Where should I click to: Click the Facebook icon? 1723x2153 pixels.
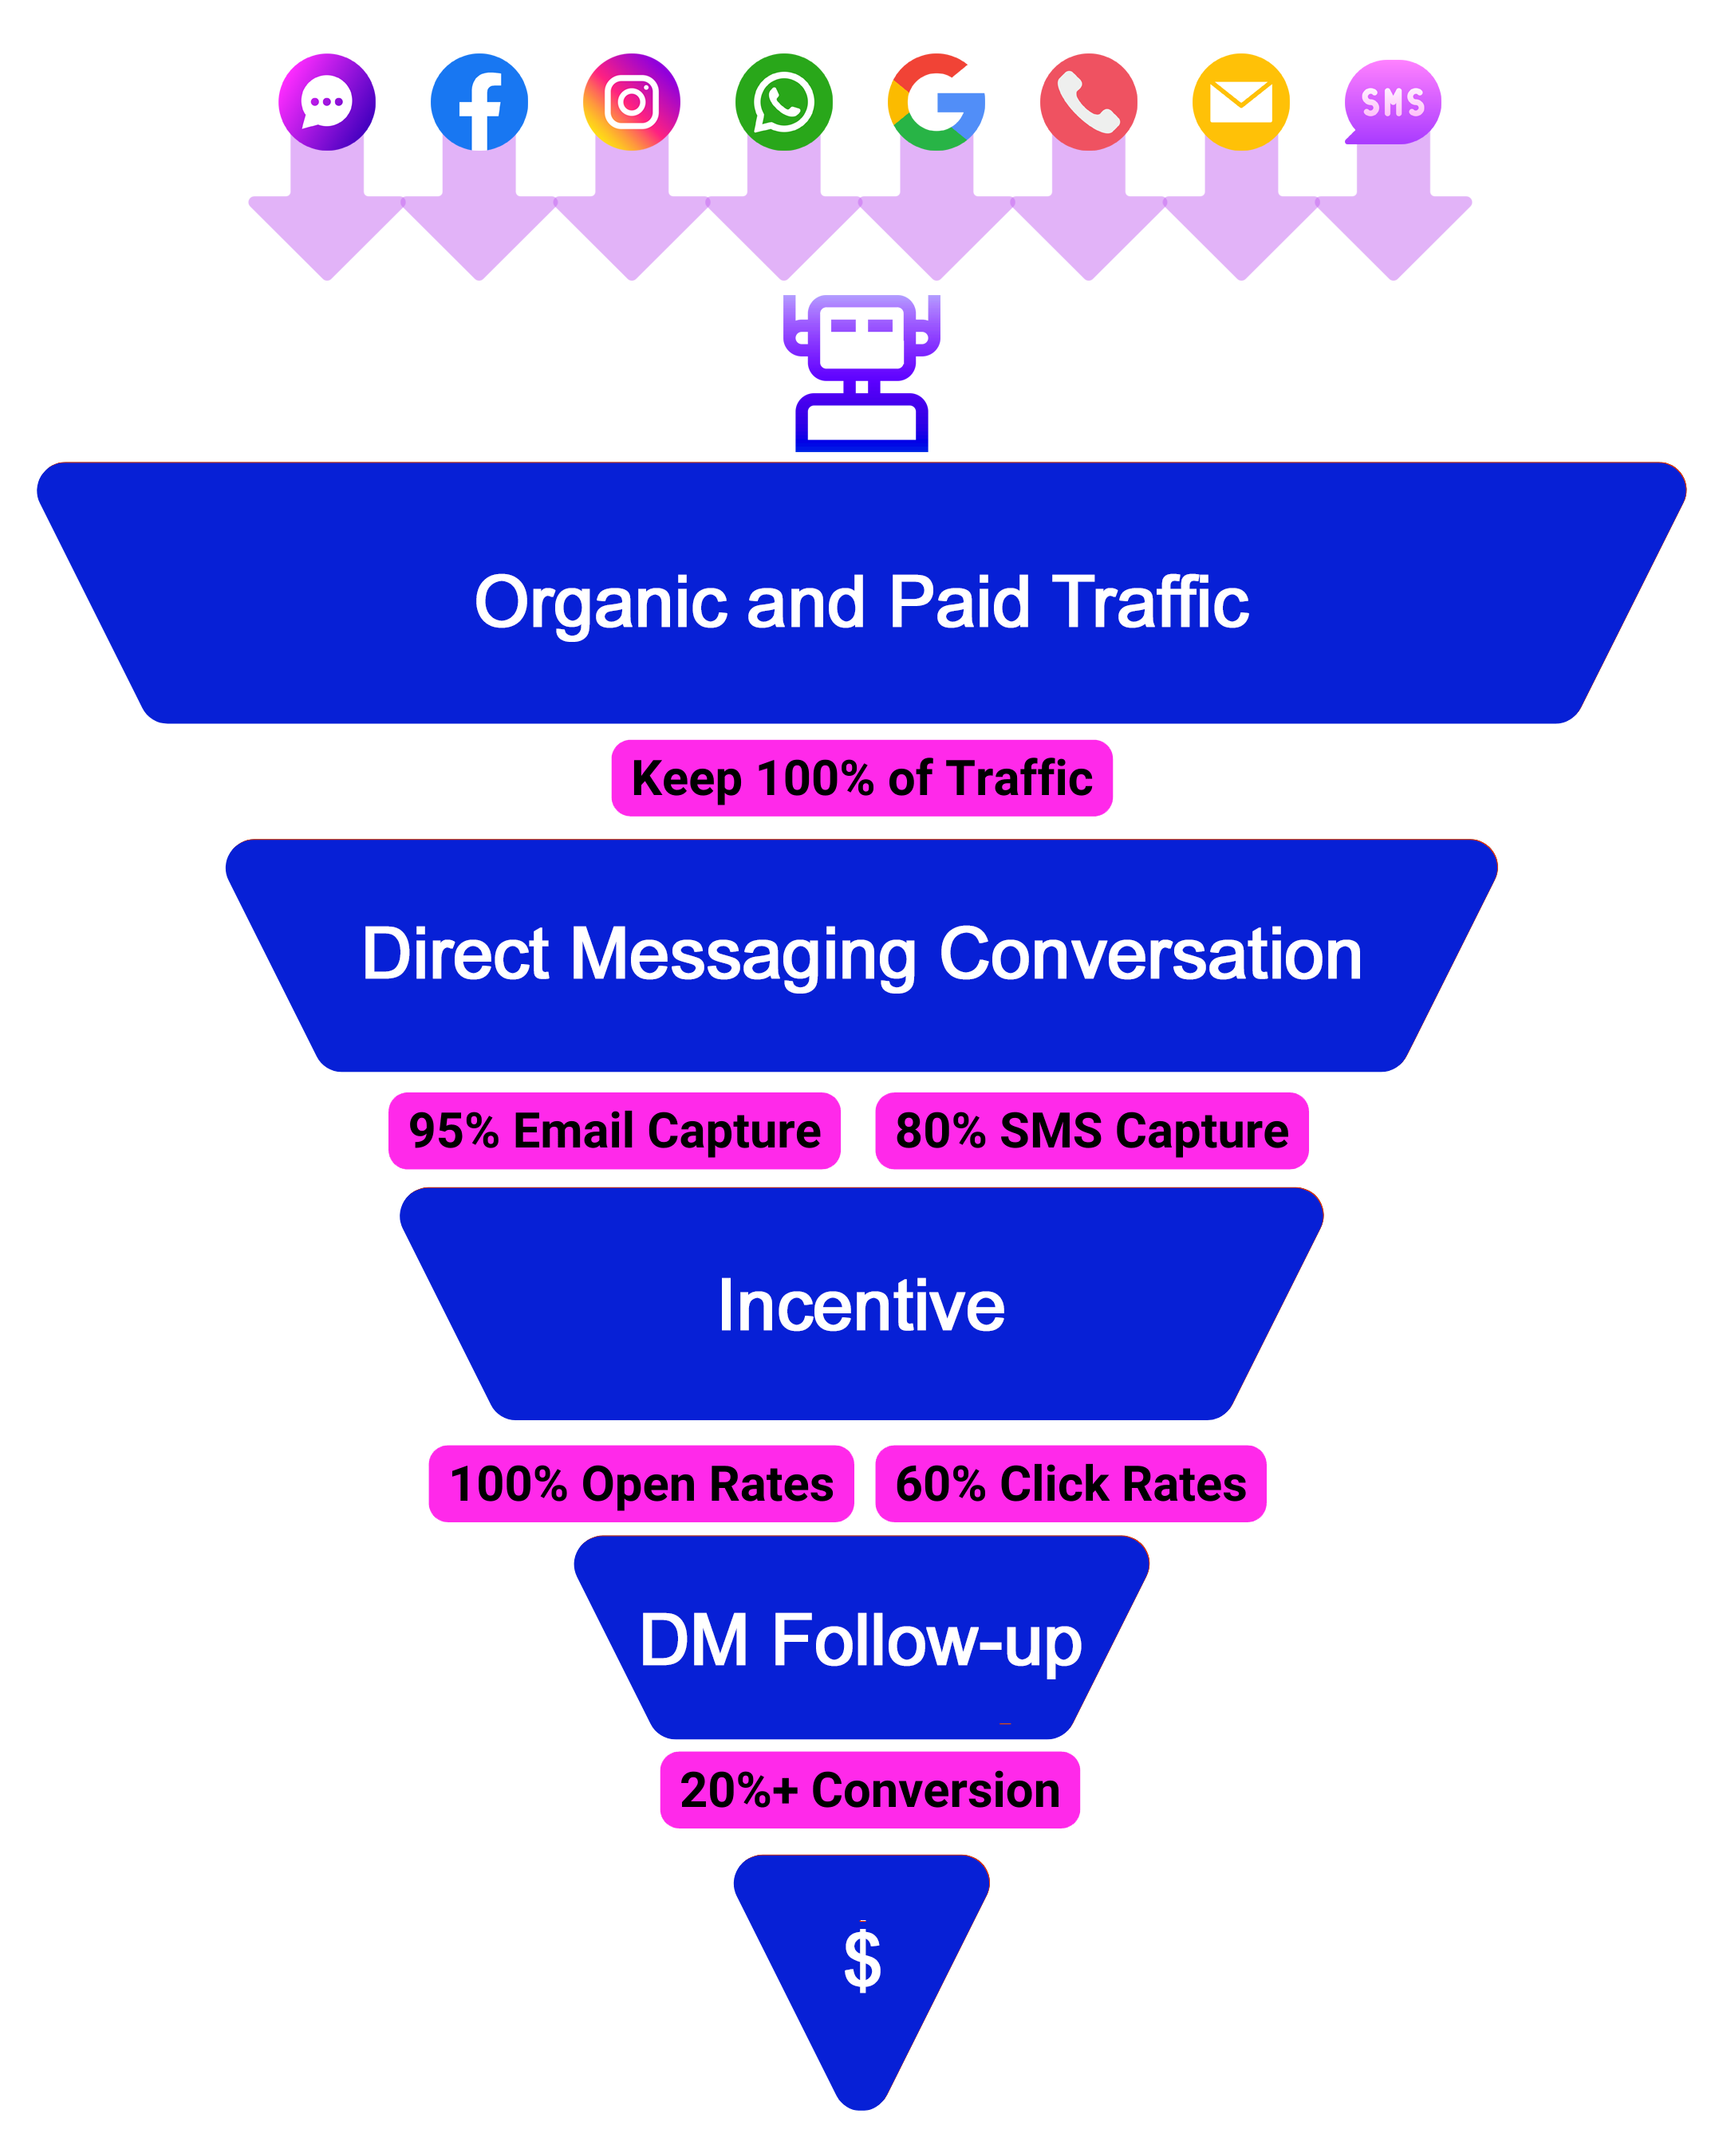pyautogui.click(x=479, y=102)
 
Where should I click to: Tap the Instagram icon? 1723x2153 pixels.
pyautogui.click(x=633, y=102)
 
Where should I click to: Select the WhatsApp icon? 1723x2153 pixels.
pyautogui.click(x=784, y=102)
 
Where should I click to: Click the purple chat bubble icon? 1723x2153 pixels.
pyautogui.click(x=326, y=102)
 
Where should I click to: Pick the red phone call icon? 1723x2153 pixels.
pyautogui.click(x=1089, y=102)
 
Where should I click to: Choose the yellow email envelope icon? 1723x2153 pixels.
pyautogui.click(x=1240, y=102)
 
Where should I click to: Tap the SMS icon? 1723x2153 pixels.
pyautogui.click(x=1393, y=102)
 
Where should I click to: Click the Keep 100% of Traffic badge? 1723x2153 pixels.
pyautogui.click(x=862, y=778)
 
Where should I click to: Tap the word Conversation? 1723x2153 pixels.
pyautogui.click(x=1151, y=954)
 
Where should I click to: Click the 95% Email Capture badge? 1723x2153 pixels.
pyautogui.click(x=614, y=1131)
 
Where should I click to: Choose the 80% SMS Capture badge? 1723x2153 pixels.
pyautogui.click(x=1092, y=1131)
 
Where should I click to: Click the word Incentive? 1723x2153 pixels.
pyautogui.click(x=861, y=1306)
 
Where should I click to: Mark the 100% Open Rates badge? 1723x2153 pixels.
pyautogui.click(x=641, y=1484)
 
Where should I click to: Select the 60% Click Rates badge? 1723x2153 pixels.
pyautogui.click(x=1070, y=1484)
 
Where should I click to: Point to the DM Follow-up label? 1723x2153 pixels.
pyautogui.click(x=860, y=1641)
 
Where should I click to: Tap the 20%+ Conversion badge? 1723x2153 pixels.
pyautogui.click(x=869, y=1790)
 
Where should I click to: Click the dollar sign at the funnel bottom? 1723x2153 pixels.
pyautogui.click(x=862, y=1959)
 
